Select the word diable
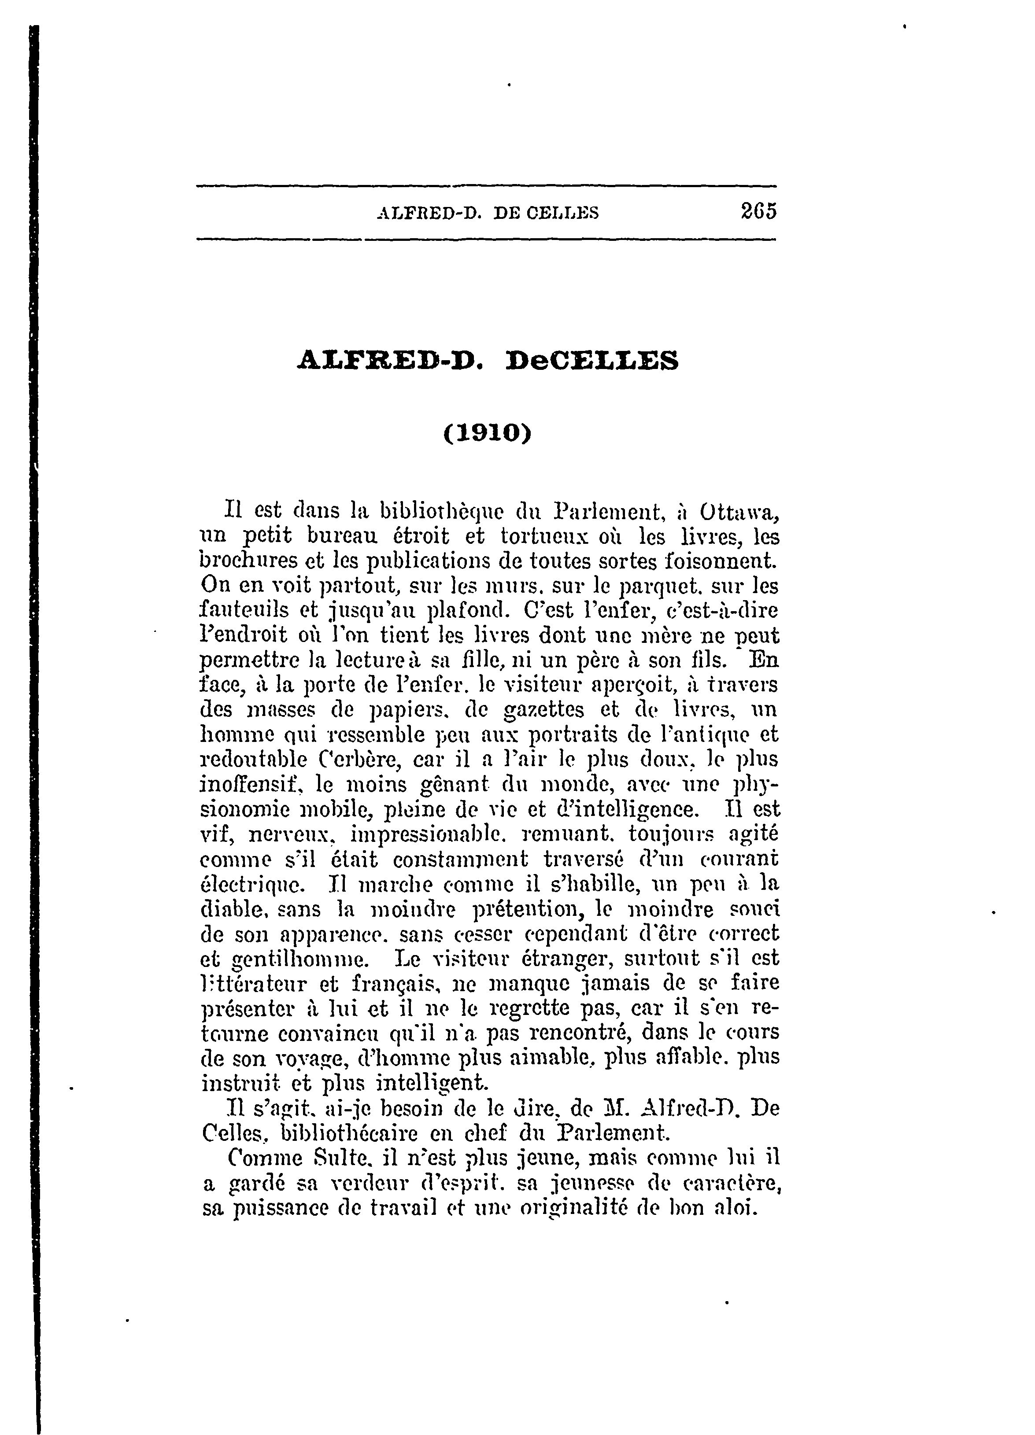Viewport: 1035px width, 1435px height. click(231, 908)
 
